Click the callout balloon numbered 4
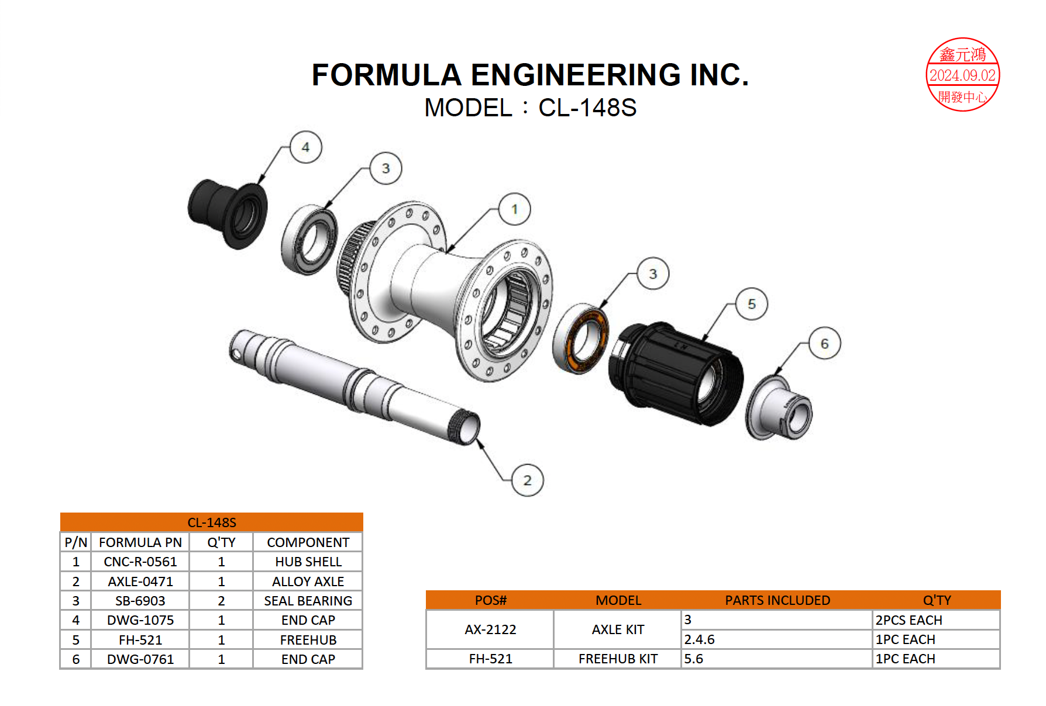coord(305,147)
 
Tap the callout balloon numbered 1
coord(515,209)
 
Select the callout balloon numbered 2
coord(527,480)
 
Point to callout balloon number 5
coord(752,304)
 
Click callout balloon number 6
coord(824,344)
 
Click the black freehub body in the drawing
coord(676,373)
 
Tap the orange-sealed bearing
coord(581,339)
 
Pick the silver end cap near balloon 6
coord(779,408)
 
